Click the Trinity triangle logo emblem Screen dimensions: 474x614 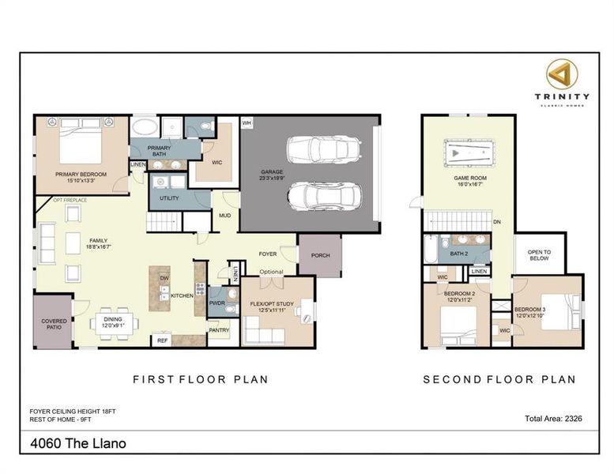tap(562, 74)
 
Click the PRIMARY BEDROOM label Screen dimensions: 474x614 tap(81, 174)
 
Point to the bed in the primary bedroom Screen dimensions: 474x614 tap(81, 142)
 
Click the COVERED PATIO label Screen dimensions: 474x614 tap(54, 325)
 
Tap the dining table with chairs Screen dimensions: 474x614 tap(114, 323)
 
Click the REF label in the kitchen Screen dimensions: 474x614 tap(163, 340)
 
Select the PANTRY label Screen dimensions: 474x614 tap(219, 330)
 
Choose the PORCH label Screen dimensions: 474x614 tap(320, 254)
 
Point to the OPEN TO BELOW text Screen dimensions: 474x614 tap(539, 254)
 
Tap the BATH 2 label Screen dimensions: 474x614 tap(459, 254)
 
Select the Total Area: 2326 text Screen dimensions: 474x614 tap(553, 419)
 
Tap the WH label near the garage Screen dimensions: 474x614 tap(246, 123)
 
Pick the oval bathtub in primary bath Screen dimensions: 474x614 tap(144, 127)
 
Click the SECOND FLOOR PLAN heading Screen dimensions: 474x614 tap(499, 379)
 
